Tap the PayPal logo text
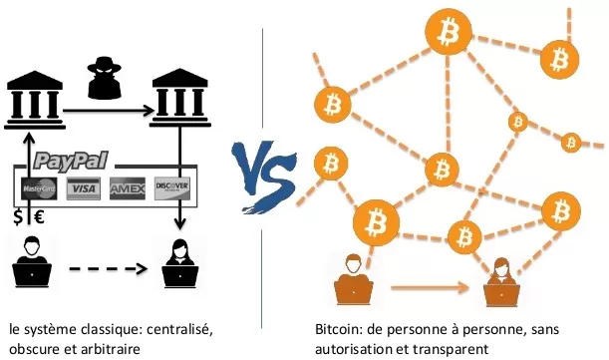click(71, 160)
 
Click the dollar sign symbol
click(17, 216)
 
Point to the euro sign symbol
click(41, 216)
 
